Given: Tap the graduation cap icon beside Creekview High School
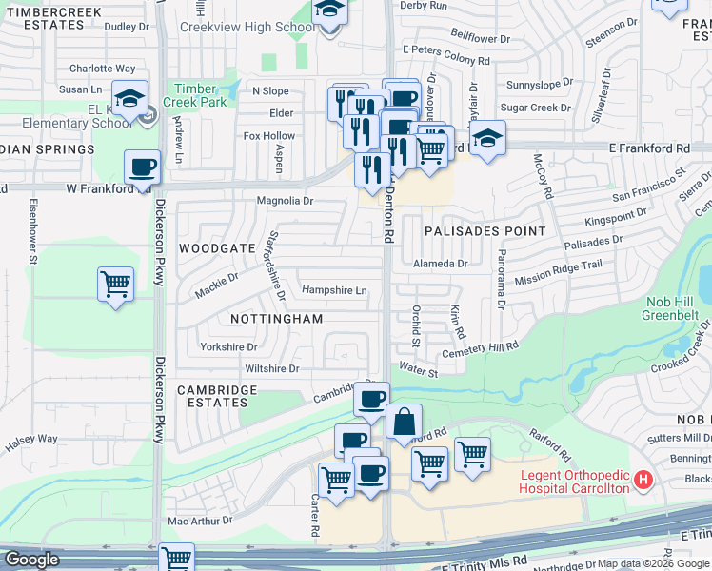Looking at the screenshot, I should click(x=329, y=11).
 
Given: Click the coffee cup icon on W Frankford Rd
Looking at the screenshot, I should click(x=143, y=168).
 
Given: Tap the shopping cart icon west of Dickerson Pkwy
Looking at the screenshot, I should click(x=115, y=284).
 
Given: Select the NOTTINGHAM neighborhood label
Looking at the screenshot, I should click(x=276, y=319).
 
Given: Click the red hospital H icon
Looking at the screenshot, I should click(x=644, y=481).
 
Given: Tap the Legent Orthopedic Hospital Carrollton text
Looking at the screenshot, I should click(x=574, y=481).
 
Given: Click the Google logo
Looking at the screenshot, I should click(x=31, y=559).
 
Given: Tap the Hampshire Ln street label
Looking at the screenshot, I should click(x=334, y=290).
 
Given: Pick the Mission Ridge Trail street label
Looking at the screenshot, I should click(x=559, y=273).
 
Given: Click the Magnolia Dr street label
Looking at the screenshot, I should click(x=285, y=201).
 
